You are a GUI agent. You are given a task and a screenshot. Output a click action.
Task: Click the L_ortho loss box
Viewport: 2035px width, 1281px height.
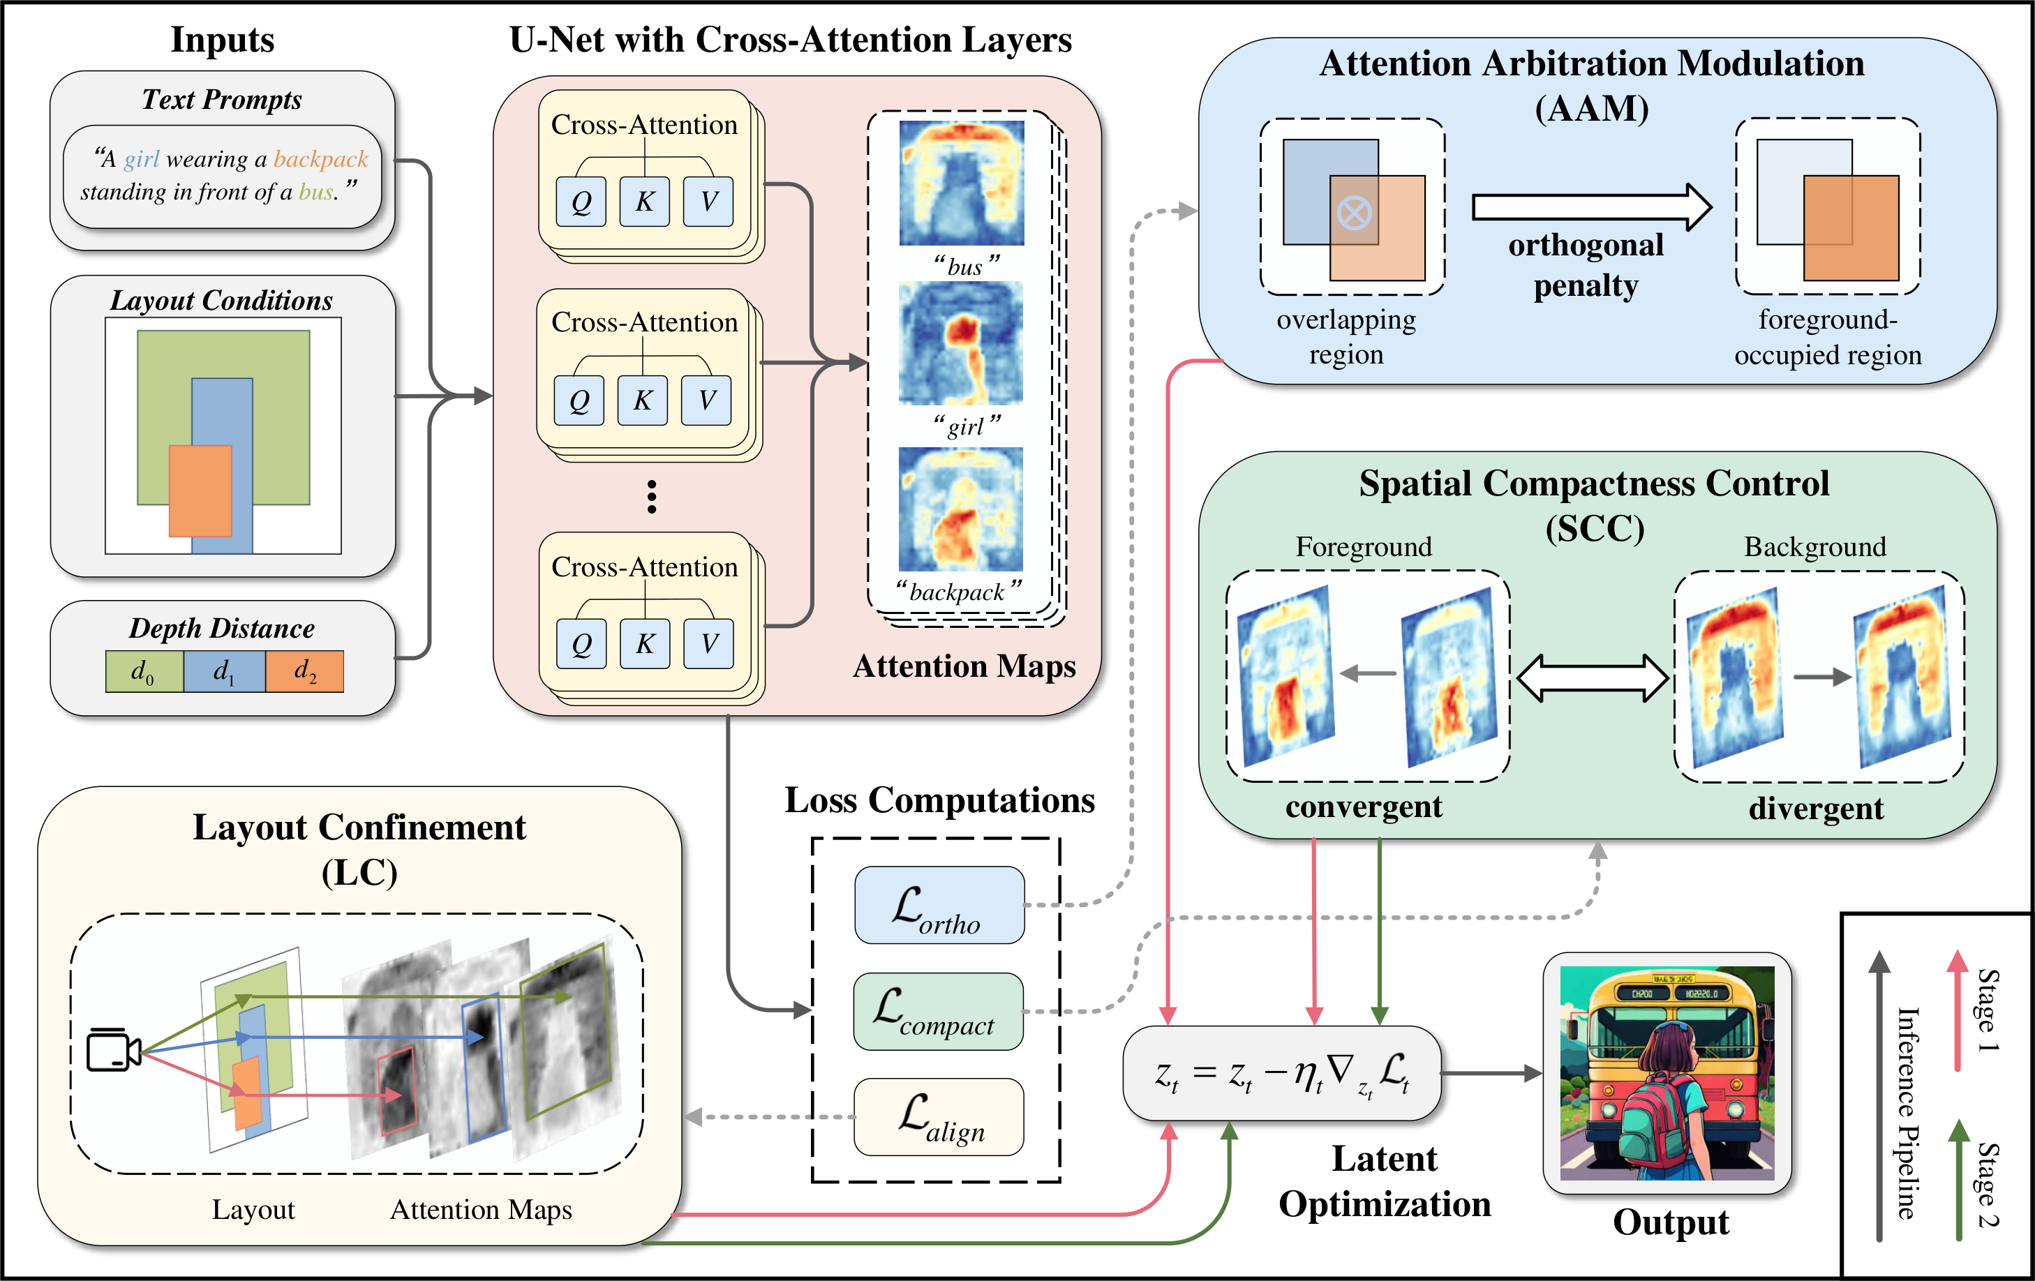[x=939, y=905]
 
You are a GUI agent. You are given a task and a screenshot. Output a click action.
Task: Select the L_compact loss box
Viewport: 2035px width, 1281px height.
[x=938, y=1012]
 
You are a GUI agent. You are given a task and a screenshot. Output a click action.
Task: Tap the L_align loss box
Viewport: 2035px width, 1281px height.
[x=939, y=1117]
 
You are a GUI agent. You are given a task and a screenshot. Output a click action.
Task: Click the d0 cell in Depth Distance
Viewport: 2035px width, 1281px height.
[x=144, y=672]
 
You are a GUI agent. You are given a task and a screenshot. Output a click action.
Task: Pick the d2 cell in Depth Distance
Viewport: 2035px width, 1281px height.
[x=305, y=672]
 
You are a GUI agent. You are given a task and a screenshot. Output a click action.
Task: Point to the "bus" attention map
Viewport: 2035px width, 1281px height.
[x=962, y=183]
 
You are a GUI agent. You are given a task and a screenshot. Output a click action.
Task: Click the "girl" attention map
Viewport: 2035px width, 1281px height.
[x=961, y=343]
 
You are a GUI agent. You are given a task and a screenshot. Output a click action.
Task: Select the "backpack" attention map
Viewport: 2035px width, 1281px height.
[x=961, y=509]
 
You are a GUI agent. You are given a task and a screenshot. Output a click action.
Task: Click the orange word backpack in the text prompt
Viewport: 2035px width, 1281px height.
[x=320, y=159]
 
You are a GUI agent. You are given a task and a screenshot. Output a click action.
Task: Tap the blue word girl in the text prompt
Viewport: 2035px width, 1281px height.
[x=141, y=159]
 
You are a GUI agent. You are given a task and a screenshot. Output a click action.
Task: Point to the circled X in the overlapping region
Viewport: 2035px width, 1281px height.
[x=1355, y=213]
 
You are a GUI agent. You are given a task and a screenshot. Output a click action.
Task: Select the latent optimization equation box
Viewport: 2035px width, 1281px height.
[x=1281, y=1074]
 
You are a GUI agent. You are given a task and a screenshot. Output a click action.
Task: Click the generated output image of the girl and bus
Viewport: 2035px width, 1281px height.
[x=1667, y=1073]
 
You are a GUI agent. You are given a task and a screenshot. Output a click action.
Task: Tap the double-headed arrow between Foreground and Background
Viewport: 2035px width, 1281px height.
[x=1592, y=677]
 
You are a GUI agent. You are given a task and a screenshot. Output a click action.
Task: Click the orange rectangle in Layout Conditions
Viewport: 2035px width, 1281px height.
[x=200, y=491]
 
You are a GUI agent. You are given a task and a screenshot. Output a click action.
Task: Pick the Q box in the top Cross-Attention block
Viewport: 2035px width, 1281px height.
[x=581, y=202]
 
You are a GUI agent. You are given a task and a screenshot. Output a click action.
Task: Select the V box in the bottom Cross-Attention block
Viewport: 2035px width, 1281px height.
[x=708, y=644]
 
